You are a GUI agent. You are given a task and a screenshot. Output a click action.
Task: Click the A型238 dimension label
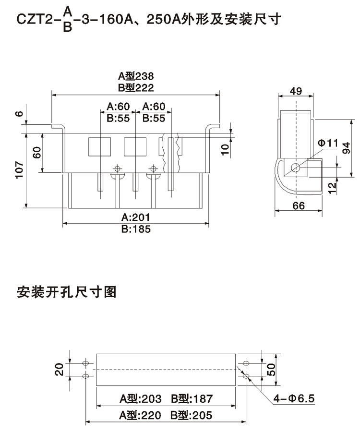[x=136, y=76]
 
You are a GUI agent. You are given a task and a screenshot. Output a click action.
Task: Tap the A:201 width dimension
[x=136, y=218]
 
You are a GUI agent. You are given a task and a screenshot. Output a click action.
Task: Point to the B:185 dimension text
[x=136, y=229]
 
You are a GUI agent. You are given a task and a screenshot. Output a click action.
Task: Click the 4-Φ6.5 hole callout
[x=294, y=398]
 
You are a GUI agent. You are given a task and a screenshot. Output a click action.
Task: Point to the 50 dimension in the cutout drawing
[x=272, y=370]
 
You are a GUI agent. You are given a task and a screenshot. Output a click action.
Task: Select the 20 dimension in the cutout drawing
[x=59, y=370]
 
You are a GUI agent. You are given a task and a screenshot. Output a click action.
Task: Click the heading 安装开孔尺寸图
[x=67, y=291]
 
